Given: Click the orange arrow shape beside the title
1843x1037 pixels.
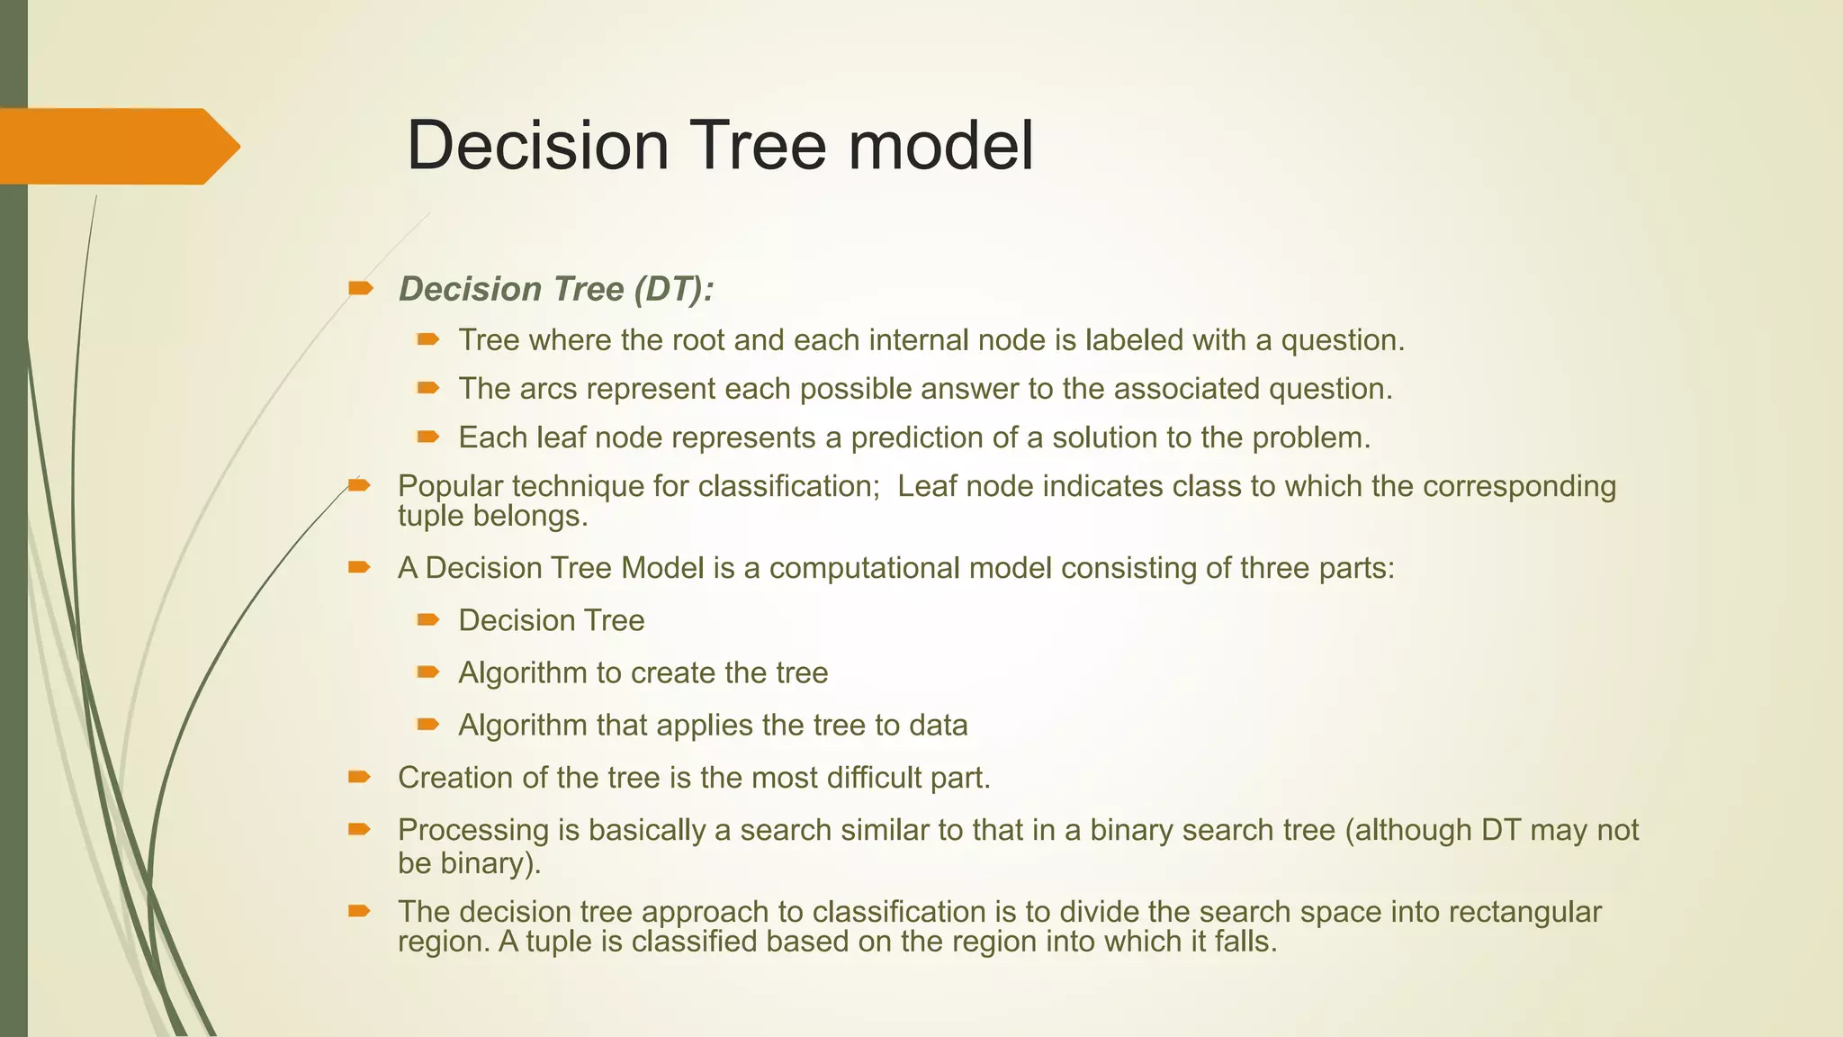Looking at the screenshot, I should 117,146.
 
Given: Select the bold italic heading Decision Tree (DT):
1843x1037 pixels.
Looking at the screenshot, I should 556,289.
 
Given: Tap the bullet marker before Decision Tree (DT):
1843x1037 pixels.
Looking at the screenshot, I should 360,288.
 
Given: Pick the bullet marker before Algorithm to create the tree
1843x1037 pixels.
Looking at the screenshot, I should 427,672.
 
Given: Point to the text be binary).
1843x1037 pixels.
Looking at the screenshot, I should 469,863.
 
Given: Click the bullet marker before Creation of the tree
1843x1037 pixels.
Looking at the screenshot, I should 359,777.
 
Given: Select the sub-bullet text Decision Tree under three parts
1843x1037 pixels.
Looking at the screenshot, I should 551,621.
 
